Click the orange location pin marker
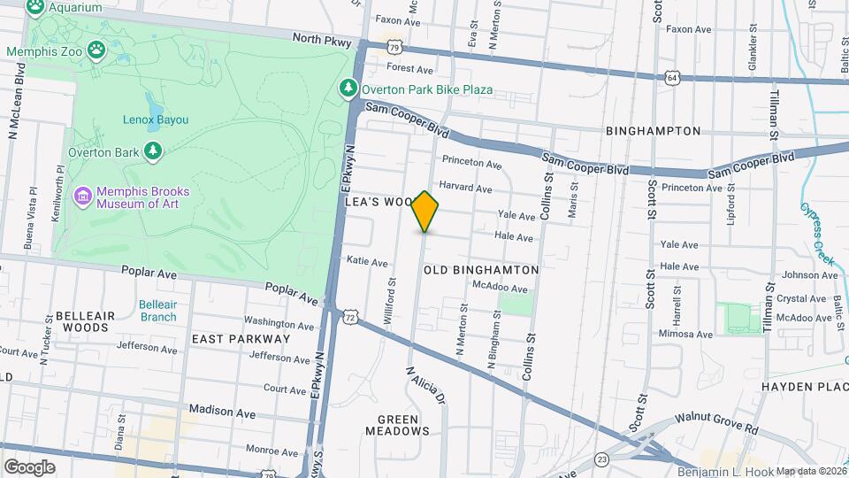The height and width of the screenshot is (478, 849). click(x=425, y=212)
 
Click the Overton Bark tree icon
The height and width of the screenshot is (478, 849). click(x=155, y=151)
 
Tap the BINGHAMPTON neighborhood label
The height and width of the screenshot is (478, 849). click(x=653, y=131)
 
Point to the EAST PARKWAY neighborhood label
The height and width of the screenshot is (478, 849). click(x=241, y=339)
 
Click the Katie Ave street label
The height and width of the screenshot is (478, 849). click(x=367, y=262)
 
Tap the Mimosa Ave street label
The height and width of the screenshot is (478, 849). click(x=685, y=335)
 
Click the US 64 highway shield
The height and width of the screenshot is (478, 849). click(x=672, y=77)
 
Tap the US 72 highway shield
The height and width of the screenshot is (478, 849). click(x=352, y=316)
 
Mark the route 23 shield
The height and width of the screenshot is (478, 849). click(x=602, y=459)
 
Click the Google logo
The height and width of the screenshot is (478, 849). click(x=29, y=466)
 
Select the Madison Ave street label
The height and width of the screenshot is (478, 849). click(x=222, y=412)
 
